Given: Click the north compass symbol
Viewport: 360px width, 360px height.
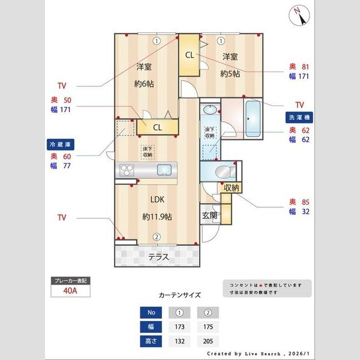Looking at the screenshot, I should click(301, 14).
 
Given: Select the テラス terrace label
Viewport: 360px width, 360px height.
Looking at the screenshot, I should click(158, 257).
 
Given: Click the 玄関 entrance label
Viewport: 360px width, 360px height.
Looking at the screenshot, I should click(209, 215).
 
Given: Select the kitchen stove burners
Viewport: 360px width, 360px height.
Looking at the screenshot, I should click(128, 170).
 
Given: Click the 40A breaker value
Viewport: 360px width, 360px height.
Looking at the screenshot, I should click(71, 291).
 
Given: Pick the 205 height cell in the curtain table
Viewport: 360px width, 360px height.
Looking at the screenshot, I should click(208, 343).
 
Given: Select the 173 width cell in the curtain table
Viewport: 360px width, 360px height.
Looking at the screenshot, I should click(179, 328).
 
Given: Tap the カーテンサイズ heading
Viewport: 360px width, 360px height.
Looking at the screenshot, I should click(179, 295).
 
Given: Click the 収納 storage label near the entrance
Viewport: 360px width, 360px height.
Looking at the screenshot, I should click(231, 188).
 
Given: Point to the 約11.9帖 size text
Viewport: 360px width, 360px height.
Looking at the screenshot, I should click(157, 216).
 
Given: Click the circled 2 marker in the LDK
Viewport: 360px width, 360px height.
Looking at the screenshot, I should click(156, 236).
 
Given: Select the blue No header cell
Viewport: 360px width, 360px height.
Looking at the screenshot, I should click(151, 312).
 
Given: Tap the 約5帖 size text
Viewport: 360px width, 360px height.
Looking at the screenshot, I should click(230, 74).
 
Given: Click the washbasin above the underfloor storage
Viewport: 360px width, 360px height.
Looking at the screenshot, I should click(210, 110).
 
